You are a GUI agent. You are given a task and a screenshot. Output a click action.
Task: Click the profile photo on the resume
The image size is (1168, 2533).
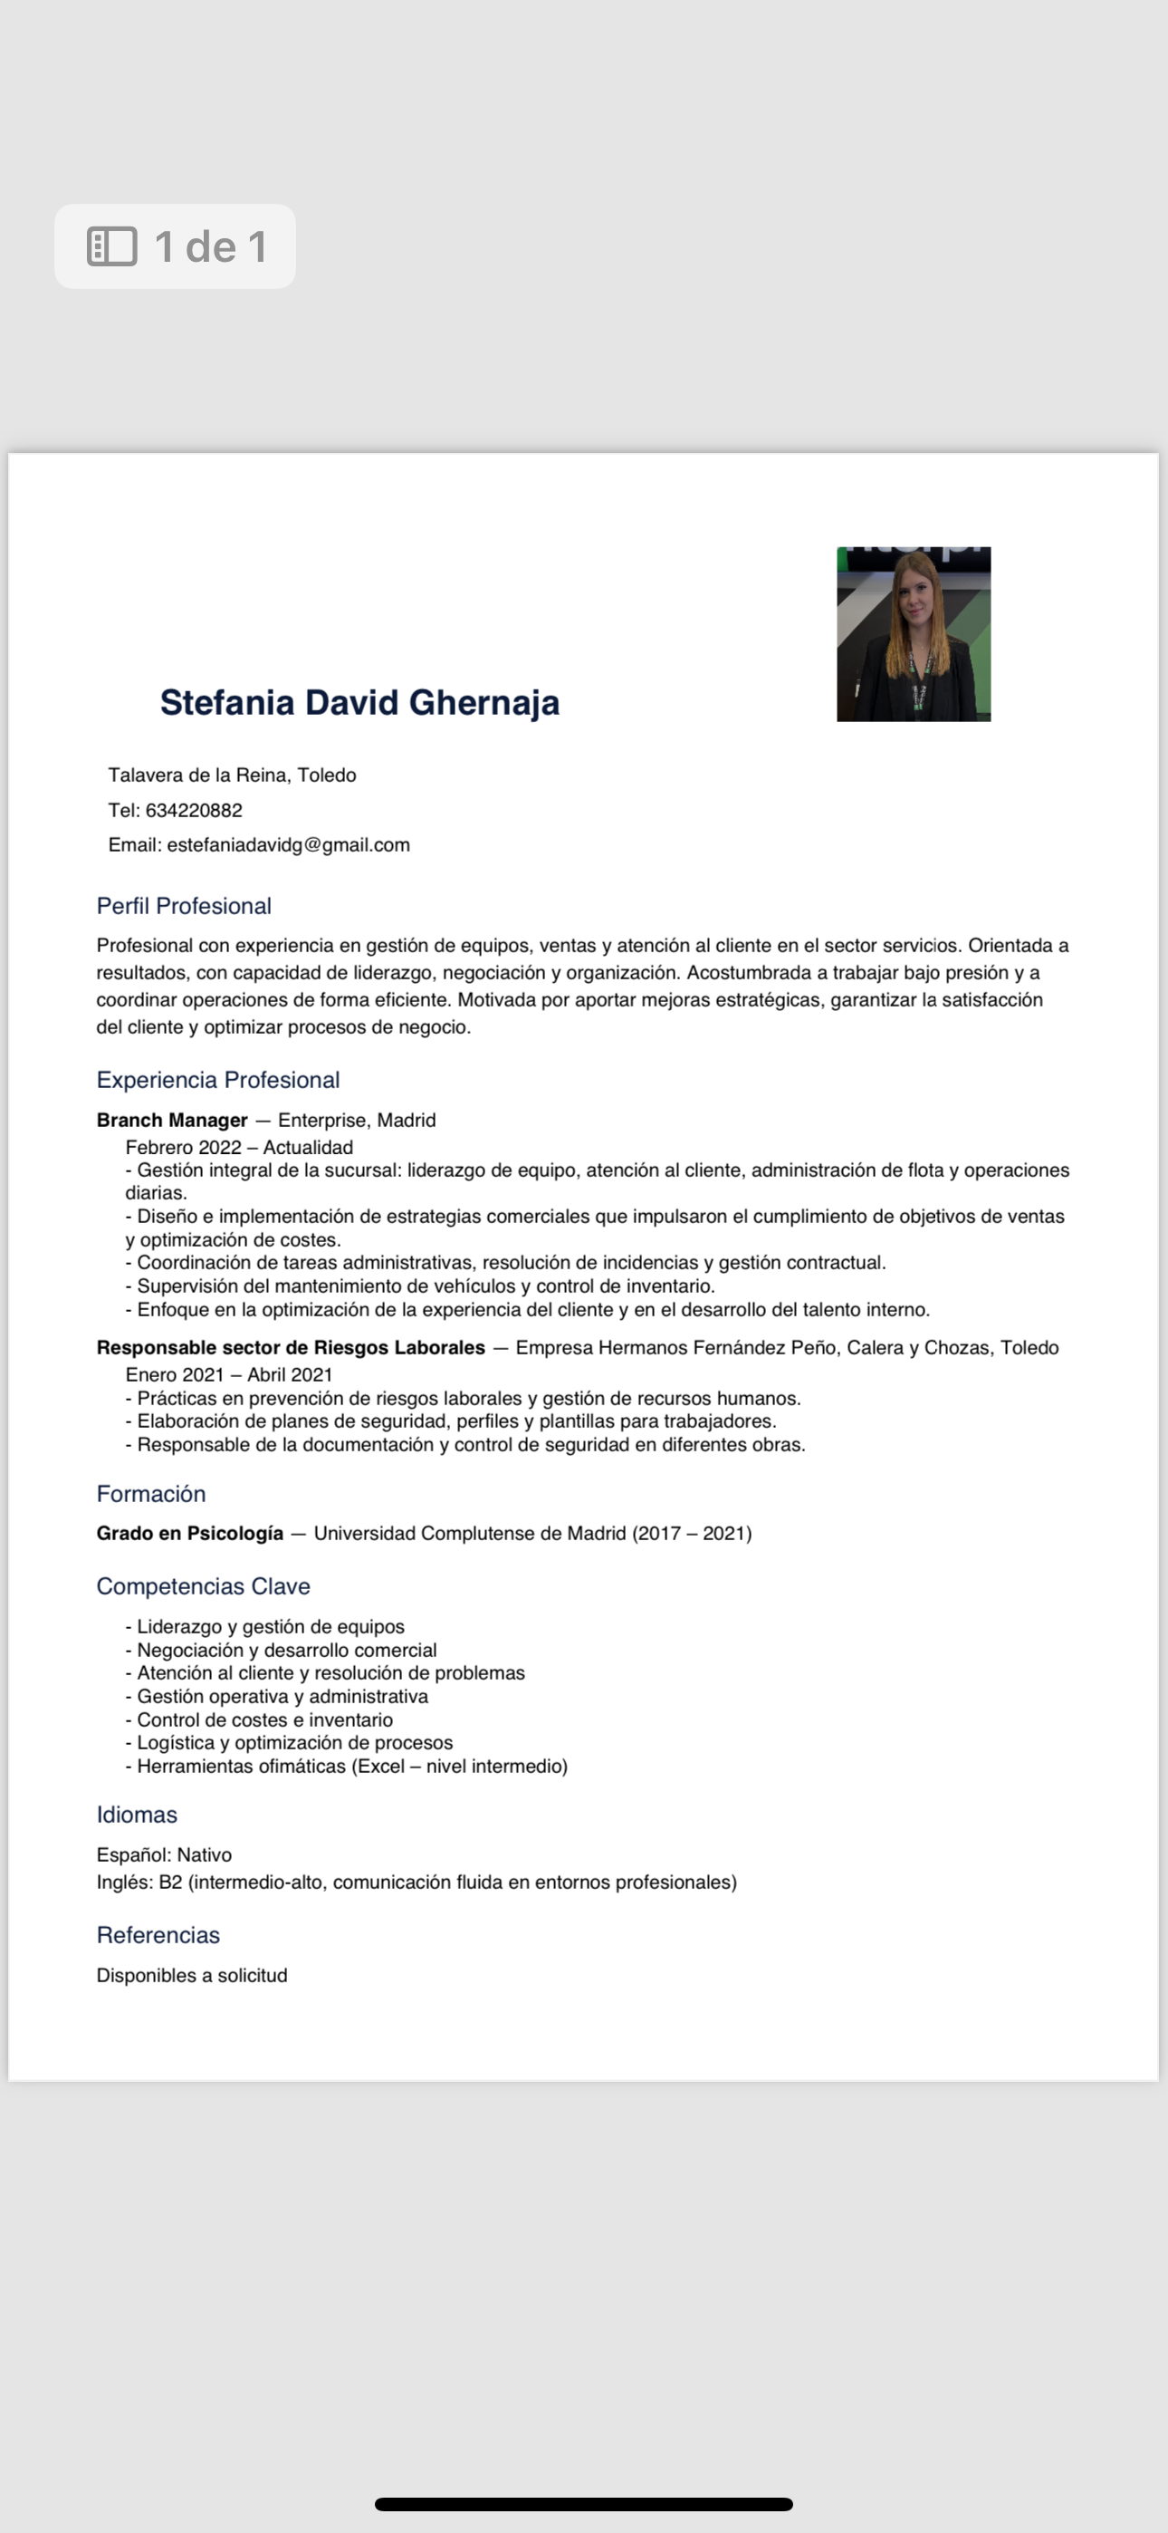(x=914, y=634)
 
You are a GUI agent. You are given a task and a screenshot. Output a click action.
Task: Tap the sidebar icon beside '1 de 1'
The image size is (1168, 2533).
(x=112, y=246)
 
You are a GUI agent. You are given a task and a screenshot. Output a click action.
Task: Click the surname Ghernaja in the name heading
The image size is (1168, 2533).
(x=483, y=703)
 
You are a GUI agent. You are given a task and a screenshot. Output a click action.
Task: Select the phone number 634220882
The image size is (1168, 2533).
(x=194, y=810)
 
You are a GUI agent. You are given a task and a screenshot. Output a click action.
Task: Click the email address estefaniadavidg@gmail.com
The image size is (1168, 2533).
(x=288, y=844)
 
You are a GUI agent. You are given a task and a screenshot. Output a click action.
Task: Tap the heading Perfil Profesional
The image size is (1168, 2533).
(x=184, y=906)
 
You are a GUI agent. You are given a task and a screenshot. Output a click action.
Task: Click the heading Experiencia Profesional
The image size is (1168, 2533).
(x=218, y=1080)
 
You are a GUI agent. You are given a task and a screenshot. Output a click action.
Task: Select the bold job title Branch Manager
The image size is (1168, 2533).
(x=172, y=1120)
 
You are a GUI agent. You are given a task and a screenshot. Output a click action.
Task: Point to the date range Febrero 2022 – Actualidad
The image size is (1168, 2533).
(x=239, y=1147)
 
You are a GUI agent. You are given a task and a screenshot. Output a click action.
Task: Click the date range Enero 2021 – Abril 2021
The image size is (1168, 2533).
(x=229, y=1374)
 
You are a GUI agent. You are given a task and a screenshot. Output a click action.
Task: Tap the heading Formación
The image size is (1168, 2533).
(x=151, y=1494)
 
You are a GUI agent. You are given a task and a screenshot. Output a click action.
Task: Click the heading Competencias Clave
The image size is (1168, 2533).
(x=204, y=1586)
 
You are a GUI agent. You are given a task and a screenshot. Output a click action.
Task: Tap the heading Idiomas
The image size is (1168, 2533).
(x=137, y=1815)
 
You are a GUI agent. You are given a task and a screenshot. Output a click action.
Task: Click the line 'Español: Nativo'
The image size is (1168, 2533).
(x=164, y=1854)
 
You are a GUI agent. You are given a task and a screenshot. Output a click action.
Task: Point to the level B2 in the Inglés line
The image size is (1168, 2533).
(x=170, y=1882)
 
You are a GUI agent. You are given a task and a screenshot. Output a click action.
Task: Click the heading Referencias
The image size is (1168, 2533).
(x=158, y=1935)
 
